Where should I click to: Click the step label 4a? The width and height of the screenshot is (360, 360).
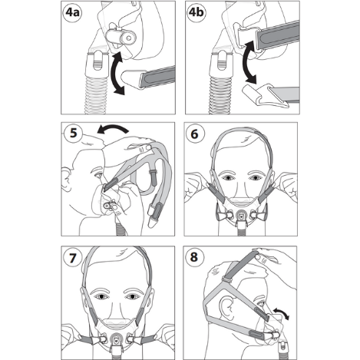[72, 12]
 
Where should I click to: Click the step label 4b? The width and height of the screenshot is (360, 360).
[197, 12]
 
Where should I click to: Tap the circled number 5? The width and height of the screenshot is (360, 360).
[73, 134]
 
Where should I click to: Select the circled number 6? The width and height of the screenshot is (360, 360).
[195, 134]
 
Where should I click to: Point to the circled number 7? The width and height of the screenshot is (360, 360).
[73, 258]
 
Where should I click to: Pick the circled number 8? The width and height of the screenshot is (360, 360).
[194, 256]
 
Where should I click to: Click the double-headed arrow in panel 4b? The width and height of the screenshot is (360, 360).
[249, 63]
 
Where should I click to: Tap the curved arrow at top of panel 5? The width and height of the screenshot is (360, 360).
[113, 128]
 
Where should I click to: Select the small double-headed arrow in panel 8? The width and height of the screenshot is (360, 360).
[281, 312]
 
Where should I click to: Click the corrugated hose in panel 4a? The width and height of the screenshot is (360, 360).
[95, 94]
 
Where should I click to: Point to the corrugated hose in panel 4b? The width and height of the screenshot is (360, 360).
[220, 94]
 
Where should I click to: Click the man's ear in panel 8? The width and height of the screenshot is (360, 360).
[226, 307]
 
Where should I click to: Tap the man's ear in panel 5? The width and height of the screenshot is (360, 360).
[66, 178]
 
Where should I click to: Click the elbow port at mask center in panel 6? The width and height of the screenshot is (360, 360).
[241, 214]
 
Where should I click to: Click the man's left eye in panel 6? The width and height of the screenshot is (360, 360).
[255, 178]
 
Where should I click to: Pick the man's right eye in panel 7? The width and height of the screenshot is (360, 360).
[102, 296]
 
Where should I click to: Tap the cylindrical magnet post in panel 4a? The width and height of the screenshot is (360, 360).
[121, 37]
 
